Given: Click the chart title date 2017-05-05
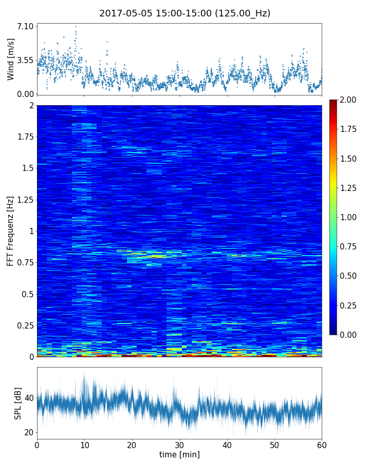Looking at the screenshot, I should pyautogui.click(x=123, y=13).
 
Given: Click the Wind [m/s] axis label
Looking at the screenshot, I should pyautogui.click(x=11, y=59).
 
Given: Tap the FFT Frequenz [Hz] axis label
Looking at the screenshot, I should pyautogui.click(x=11, y=230).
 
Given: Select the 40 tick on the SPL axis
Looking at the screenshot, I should pyautogui.click(x=29, y=398).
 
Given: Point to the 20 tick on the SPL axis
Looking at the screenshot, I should pyautogui.click(x=29, y=432).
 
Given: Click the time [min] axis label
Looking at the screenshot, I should pyautogui.click(x=179, y=454).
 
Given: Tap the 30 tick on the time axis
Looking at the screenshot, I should pyautogui.click(x=179, y=444).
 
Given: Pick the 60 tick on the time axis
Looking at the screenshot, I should pyautogui.click(x=322, y=444).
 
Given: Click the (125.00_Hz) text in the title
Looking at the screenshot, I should pyautogui.click(x=242, y=13).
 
